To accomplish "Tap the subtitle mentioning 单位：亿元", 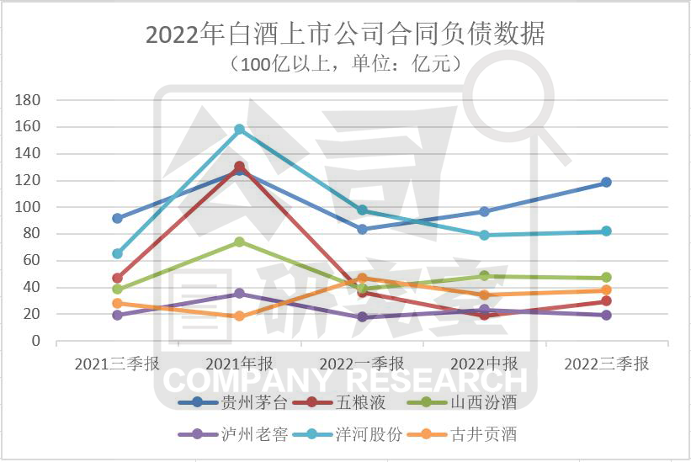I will click(345, 63).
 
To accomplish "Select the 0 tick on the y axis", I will click(35, 341).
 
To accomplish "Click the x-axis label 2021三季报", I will click(117, 364).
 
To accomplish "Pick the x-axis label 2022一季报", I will click(362, 364).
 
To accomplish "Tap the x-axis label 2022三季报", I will click(606, 364).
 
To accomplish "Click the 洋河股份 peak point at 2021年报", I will click(240, 130).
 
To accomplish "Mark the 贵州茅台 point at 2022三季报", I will click(606, 183).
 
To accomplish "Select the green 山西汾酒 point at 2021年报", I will click(240, 242).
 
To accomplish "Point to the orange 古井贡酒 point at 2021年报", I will click(240, 316).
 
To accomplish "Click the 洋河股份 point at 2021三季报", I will click(118, 253).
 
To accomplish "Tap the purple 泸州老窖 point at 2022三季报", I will click(606, 315).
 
